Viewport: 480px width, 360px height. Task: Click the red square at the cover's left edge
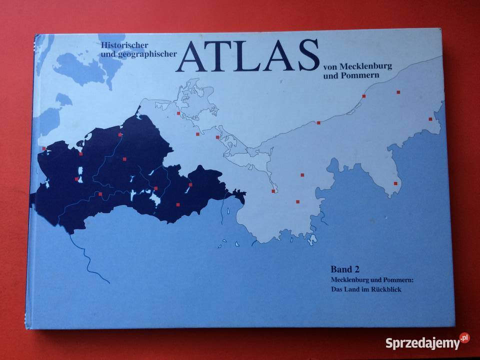coord(44,148)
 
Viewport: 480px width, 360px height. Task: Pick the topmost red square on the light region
coord(398,92)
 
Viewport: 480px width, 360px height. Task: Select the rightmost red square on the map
coord(430,119)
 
